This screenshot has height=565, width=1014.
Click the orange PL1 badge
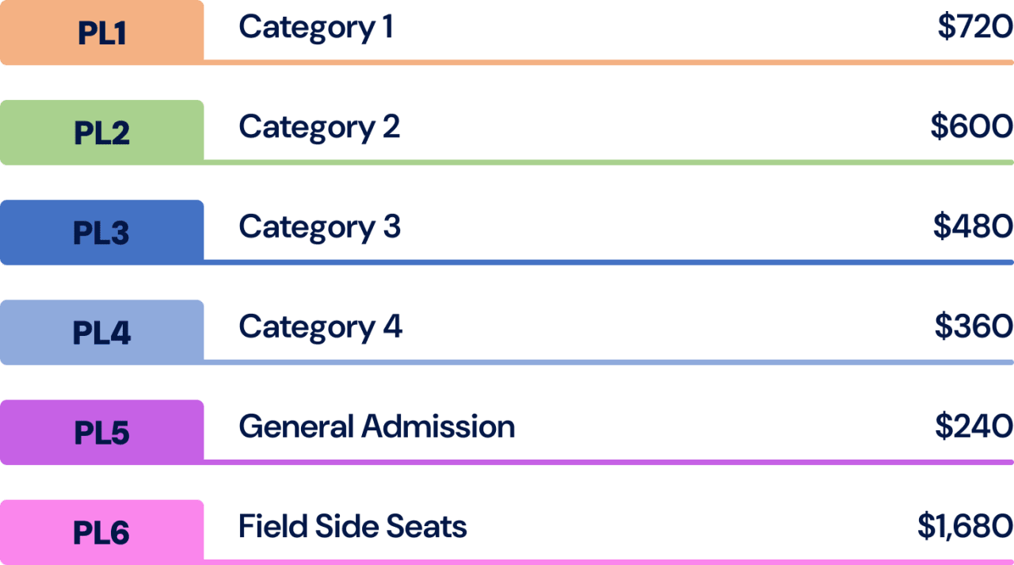(102, 32)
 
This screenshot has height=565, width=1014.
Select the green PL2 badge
(102, 132)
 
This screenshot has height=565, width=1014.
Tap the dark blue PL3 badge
(102, 232)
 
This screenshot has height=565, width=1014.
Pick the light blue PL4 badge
(102, 332)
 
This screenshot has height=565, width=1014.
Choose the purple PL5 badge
(102, 432)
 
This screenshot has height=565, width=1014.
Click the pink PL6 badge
(102, 532)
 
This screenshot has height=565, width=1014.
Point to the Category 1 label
(316, 29)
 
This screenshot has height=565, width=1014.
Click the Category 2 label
(319, 128)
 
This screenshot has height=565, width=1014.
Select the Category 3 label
(319, 227)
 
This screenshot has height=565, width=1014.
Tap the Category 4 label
(320, 327)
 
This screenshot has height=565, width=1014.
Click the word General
(295, 427)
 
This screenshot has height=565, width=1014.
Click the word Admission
(438, 427)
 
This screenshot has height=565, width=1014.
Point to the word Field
(269, 527)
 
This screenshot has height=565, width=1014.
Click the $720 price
(974, 28)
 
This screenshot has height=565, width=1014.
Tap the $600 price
(971, 128)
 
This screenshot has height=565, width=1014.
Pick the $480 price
(973, 227)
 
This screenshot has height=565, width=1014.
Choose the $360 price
(974, 327)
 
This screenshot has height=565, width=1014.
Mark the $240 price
(974, 427)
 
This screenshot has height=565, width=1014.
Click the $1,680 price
(965, 527)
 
